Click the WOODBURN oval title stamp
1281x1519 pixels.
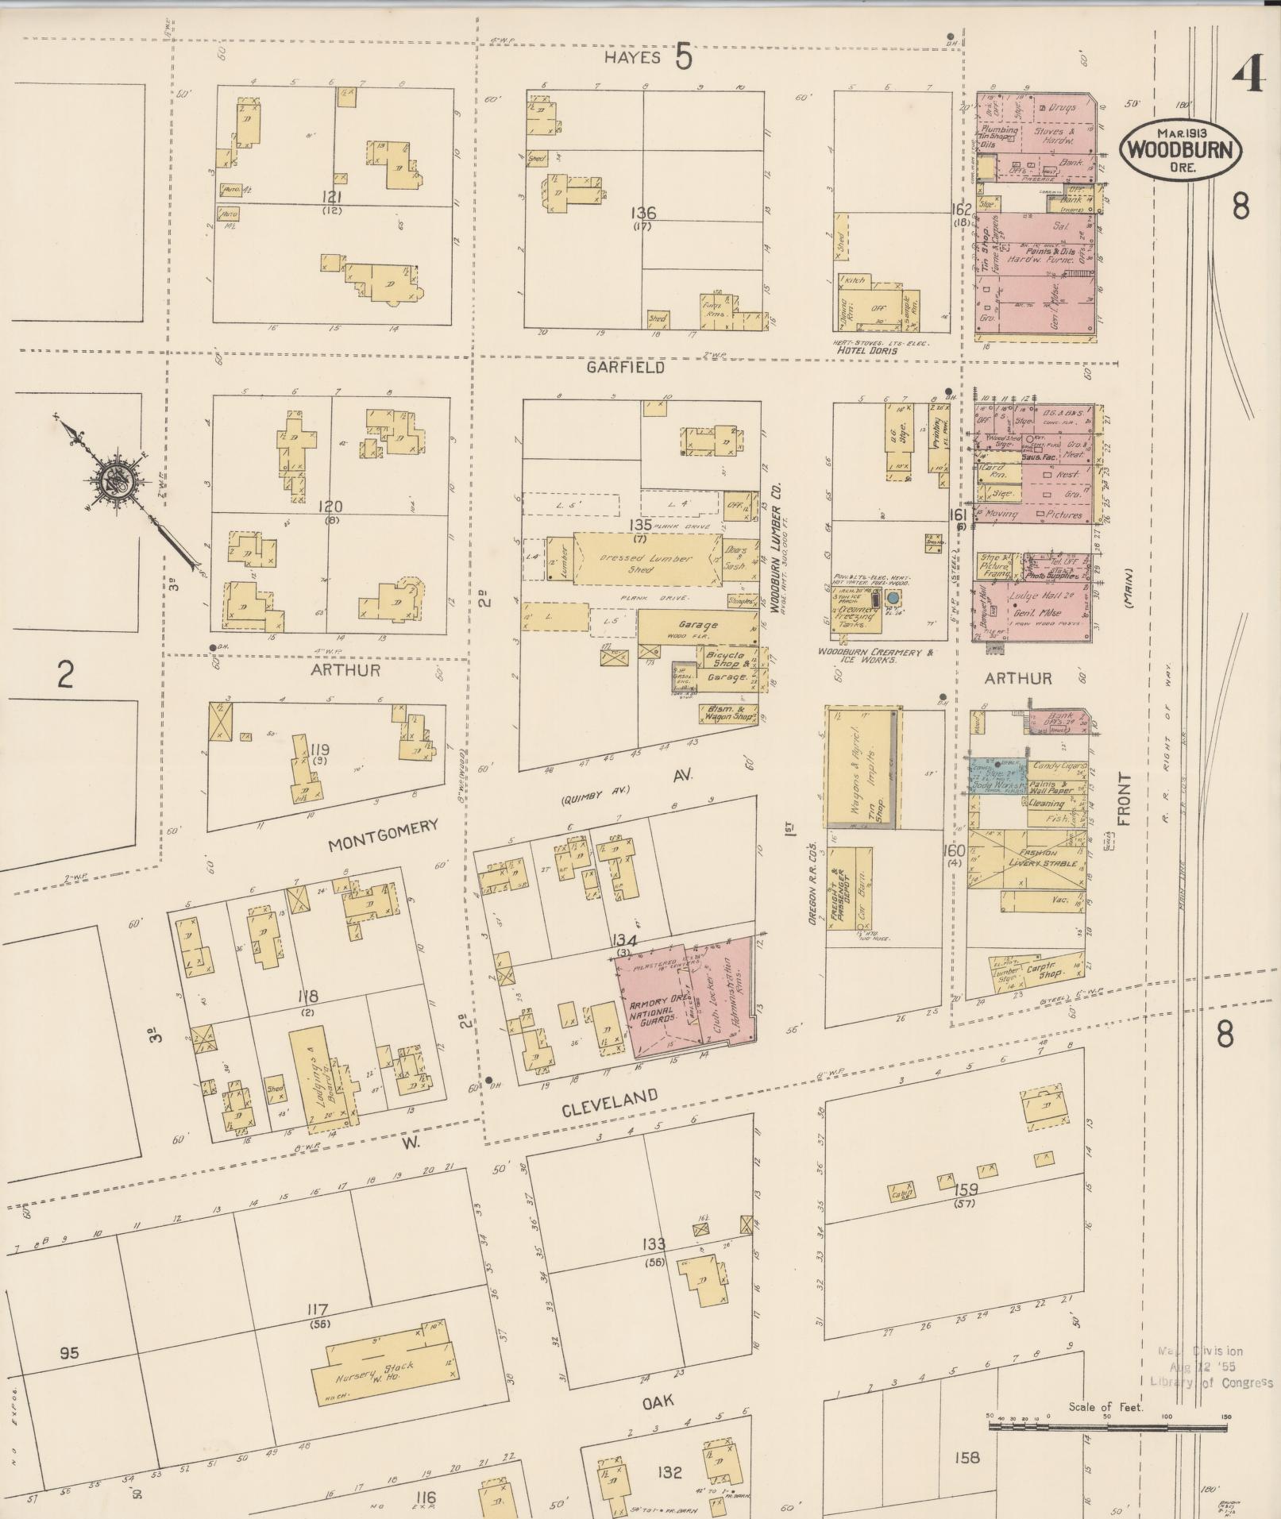pyautogui.click(x=1180, y=150)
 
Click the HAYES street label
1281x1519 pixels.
pyautogui.click(x=632, y=58)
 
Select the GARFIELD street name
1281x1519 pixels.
pyautogui.click(x=625, y=368)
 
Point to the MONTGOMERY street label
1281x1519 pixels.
pyautogui.click(x=384, y=835)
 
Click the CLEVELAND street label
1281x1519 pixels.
pyautogui.click(x=610, y=1104)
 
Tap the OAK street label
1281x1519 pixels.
pyautogui.click(x=658, y=1402)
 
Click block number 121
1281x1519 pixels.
pyautogui.click(x=332, y=197)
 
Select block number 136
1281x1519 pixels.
pyautogui.click(x=642, y=213)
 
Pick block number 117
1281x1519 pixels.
pyautogui.click(x=321, y=1309)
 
